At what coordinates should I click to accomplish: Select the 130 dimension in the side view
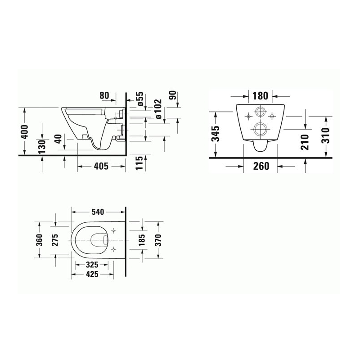click(x=42, y=146)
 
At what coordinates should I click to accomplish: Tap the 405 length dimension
click(x=102, y=166)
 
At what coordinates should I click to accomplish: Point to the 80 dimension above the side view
click(x=104, y=95)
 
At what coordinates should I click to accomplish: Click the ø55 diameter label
click(x=140, y=99)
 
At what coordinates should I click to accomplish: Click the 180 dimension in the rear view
click(x=261, y=96)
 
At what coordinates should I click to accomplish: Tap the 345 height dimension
click(x=216, y=134)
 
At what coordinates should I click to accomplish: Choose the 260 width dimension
click(x=261, y=166)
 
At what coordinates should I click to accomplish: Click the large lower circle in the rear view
click(x=260, y=129)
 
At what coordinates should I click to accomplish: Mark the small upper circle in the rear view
click(x=260, y=112)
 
